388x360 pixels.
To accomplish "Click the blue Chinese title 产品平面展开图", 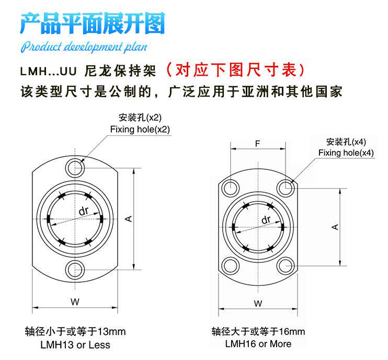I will pyautogui.click(x=93, y=24).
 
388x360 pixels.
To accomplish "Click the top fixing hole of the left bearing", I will pyautogui.click(x=75, y=168).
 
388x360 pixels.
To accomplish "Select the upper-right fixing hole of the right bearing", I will pyautogui.click(x=284, y=187).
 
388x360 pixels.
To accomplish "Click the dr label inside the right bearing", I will pyautogui.click(x=266, y=220).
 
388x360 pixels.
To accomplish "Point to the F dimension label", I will pyautogui.click(x=257, y=143).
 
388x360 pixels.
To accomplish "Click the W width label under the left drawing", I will pyautogui.click(x=75, y=301).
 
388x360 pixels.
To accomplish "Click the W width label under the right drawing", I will pyautogui.click(x=257, y=304).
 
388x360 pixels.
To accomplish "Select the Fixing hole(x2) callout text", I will pyautogui.click(x=140, y=129).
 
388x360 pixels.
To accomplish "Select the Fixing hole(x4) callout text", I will pyautogui.click(x=346, y=153).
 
